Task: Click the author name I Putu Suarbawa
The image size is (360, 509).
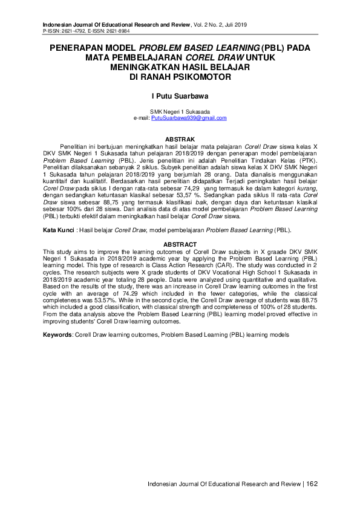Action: click(180, 95)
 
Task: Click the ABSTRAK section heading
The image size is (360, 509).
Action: click(180, 139)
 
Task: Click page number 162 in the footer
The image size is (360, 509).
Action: click(311, 484)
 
